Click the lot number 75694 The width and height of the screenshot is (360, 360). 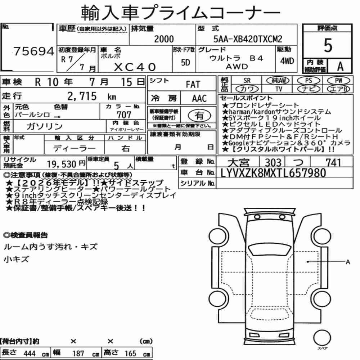tap(34, 51)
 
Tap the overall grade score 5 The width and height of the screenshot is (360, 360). tap(328, 45)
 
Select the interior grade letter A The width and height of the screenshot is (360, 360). tap(340, 67)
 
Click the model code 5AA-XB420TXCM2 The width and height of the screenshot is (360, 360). tap(248, 39)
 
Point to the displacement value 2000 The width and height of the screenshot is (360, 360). tap(164, 39)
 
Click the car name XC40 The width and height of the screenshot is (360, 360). tap(135, 67)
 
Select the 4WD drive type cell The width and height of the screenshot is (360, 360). tap(287, 61)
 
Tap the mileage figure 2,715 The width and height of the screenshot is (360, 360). tap(82, 96)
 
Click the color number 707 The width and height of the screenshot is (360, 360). tap(124, 114)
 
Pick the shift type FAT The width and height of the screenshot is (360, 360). tap(193, 85)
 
